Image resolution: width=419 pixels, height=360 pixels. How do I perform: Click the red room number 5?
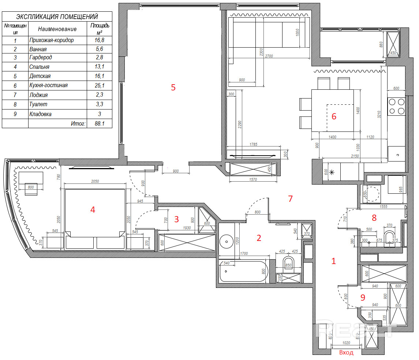[x=173, y=88]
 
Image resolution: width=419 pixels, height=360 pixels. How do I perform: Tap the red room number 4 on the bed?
[x=93, y=209]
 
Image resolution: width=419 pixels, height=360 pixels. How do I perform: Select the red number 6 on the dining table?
[x=334, y=116]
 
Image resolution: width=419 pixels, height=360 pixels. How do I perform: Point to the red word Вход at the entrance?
[x=346, y=353]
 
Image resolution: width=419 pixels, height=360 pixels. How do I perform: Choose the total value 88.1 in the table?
[x=99, y=124]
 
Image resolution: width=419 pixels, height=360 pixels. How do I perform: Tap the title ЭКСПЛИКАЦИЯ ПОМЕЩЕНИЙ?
[x=57, y=16]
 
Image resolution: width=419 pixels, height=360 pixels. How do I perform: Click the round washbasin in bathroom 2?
[x=227, y=241]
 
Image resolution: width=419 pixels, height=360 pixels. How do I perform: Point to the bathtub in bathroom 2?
[x=243, y=271]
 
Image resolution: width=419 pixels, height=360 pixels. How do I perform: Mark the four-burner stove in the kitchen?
[x=396, y=106]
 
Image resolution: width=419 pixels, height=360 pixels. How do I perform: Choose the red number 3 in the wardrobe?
[x=176, y=219]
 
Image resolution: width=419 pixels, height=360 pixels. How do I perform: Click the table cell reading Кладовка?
[x=40, y=114]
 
